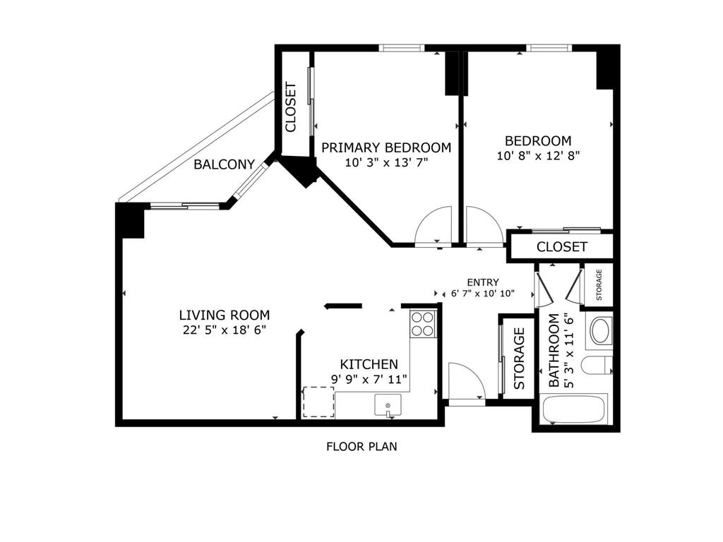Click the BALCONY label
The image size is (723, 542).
pos(224,164)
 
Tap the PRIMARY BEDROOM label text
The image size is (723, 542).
pos(386,147)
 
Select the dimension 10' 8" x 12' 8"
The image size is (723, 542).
pos(538,155)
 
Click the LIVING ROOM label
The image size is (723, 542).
pos(224,315)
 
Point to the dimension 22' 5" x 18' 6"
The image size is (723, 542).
pos(224,330)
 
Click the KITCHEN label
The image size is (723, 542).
pos(369,364)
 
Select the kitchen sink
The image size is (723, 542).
pos(388,405)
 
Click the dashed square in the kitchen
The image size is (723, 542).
pos(318,402)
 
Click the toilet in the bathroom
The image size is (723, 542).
pos(597,366)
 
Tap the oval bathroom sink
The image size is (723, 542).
pos(601,331)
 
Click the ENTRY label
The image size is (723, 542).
pos(483,282)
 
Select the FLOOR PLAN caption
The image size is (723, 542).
pos(361,447)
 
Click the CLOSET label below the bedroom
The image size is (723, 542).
pos(561,247)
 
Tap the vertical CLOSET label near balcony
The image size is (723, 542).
pos(290,107)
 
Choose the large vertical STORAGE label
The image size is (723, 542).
pos(519,359)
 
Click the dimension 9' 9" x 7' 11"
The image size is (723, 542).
pos(369,379)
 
